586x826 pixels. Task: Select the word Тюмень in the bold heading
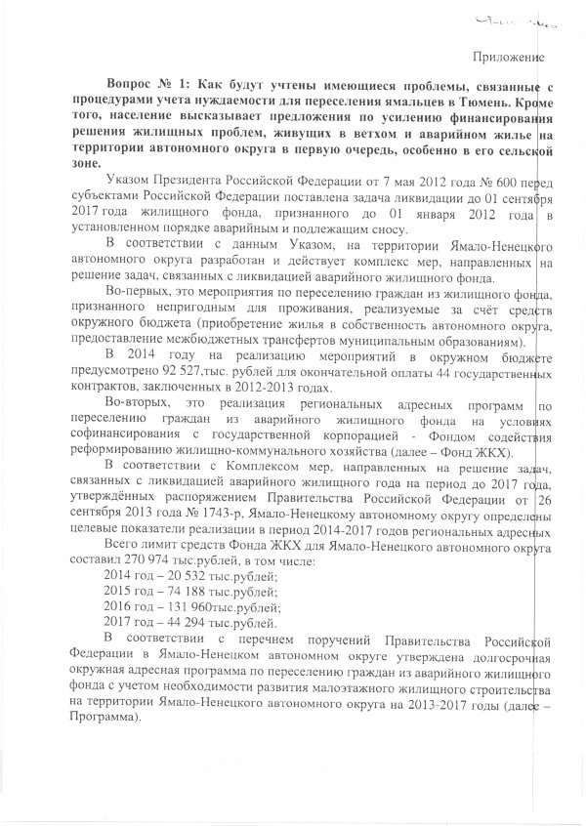(x=494, y=108)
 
